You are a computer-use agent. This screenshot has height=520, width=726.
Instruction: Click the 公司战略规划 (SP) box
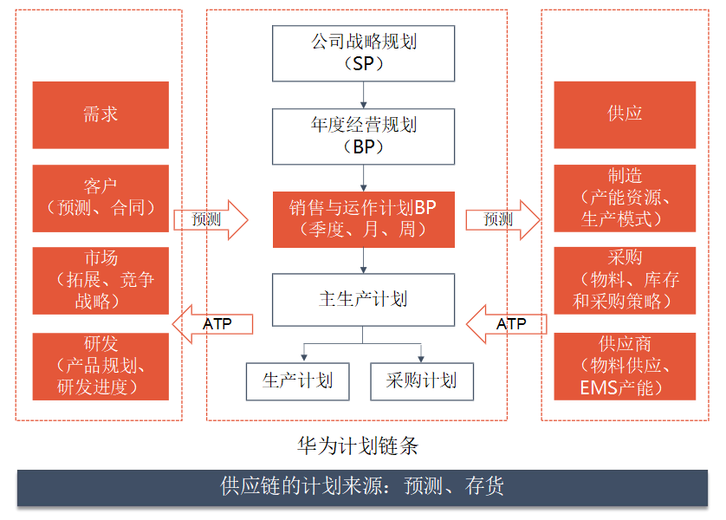[x=364, y=53]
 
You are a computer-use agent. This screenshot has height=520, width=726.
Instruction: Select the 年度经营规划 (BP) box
[x=364, y=137]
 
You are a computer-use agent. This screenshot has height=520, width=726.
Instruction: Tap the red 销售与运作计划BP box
[x=364, y=219]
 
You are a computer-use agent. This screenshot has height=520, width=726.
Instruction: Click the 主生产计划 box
[x=364, y=300]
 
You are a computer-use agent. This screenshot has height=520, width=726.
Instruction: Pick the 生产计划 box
[x=298, y=381]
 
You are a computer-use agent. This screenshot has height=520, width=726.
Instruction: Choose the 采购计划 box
[x=422, y=381]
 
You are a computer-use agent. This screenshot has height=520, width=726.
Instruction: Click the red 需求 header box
[x=100, y=115]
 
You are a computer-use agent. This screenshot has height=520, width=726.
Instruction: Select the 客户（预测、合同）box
[x=100, y=198]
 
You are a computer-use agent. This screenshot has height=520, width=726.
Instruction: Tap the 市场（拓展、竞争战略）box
[x=100, y=281]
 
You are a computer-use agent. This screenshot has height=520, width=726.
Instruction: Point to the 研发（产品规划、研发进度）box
[x=100, y=367]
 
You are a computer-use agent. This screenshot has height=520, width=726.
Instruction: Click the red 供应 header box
[x=625, y=115]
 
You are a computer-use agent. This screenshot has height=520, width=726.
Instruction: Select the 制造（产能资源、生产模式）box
[x=625, y=198]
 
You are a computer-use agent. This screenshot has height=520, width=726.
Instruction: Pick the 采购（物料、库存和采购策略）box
[x=625, y=281]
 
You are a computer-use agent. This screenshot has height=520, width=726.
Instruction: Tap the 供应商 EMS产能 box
[x=625, y=367]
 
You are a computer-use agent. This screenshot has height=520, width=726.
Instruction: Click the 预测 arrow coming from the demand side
[x=211, y=220]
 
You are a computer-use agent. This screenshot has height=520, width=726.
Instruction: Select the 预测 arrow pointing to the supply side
[x=502, y=220]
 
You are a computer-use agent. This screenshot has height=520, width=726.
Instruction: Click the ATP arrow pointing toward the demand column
[x=212, y=324]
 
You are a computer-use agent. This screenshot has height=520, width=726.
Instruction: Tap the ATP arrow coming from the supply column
[x=506, y=324]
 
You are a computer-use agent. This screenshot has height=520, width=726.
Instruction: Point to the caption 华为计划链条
[x=358, y=446]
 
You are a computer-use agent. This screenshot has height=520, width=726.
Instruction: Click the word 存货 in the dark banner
[x=484, y=486]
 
